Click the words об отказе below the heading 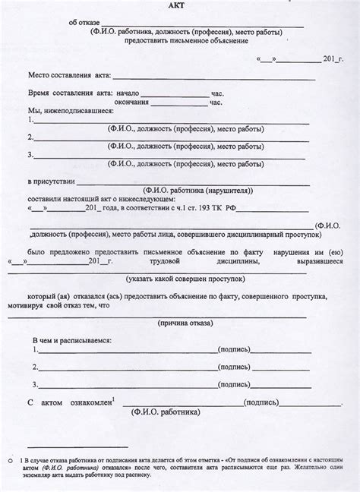point(84,24)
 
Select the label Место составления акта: point(70,77)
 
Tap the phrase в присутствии point(52,182)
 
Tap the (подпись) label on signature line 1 point(236,350)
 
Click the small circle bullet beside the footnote point(10,460)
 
